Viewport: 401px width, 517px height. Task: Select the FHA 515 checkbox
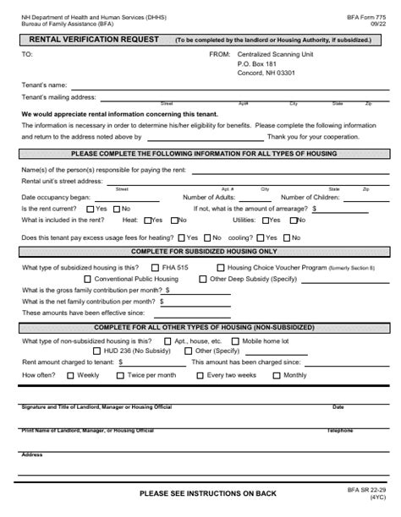click(156, 267)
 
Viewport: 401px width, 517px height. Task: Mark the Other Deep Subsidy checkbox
click(203, 278)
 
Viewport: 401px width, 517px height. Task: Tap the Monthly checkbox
click(277, 374)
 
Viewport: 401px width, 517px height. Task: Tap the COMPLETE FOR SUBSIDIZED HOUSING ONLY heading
click(203, 252)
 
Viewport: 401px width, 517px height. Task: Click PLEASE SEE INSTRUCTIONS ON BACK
click(206, 493)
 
